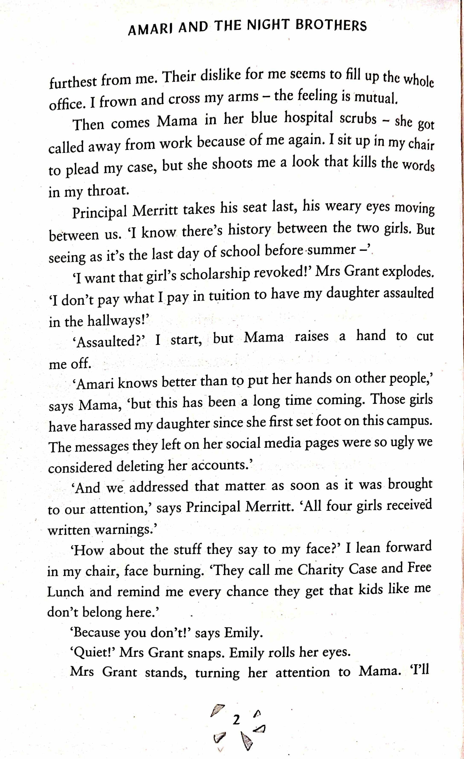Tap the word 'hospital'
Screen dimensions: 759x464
pos(308,118)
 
